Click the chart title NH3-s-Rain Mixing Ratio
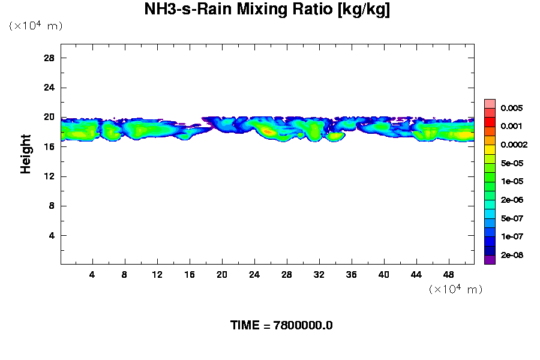click(267, 10)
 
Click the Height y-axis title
click(26, 154)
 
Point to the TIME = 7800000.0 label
click(281, 326)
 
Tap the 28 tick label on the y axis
click(49, 58)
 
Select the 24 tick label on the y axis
click(49, 87)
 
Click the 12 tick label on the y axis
click(49, 176)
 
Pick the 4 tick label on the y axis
click(52, 235)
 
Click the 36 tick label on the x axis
click(352, 275)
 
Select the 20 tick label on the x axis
click(222, 275)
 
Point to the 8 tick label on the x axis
click(125, 275)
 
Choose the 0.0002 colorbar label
click(514, 145)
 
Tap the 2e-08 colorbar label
click(512, 255)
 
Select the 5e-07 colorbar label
click(512, 218)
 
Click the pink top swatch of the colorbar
click(490, 103)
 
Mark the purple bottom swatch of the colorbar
click(490, 260)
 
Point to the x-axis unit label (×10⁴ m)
click(456, 289)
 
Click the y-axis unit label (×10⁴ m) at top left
click(35, 26)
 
